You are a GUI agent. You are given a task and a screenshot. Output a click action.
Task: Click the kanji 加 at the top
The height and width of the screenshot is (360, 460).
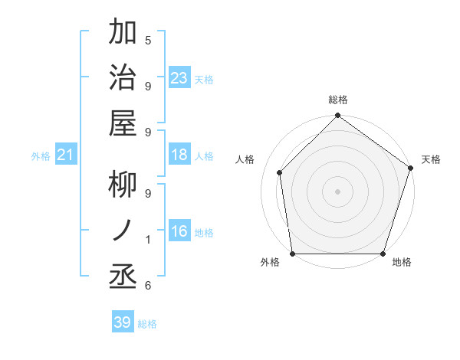point(123,33)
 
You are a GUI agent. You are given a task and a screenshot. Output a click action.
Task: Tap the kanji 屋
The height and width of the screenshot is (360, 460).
point(123,123)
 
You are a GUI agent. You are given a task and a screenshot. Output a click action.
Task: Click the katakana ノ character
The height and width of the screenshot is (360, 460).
point(123,230)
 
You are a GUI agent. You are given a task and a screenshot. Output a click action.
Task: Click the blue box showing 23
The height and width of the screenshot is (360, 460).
point(179,77)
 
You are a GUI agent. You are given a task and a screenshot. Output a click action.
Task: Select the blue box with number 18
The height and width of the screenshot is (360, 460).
point(179,155)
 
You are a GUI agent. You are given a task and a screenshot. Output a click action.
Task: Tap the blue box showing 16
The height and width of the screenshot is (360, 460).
point(179,231)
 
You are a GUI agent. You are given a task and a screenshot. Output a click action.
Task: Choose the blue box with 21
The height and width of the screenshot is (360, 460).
point(65,155)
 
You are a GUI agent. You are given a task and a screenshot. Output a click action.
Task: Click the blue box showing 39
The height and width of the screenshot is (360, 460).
point(123,322)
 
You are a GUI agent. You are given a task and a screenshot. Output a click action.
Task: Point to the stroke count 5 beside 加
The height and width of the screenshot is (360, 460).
point(148,41)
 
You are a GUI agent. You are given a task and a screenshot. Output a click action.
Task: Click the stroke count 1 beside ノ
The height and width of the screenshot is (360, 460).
point(148,240)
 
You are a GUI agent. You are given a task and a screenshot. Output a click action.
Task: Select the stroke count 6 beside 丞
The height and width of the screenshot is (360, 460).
point(148,286)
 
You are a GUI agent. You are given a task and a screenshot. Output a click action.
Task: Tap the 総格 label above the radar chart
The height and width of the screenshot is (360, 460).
point(338,100)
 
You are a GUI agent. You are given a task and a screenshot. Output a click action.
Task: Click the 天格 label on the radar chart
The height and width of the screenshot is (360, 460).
point(432,159)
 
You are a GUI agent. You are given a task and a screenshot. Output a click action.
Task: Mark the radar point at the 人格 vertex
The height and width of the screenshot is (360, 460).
point(280,172)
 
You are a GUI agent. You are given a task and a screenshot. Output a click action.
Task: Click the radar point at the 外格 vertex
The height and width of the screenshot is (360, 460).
point(293,254)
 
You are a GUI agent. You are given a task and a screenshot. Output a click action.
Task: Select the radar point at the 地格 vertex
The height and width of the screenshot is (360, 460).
point(383,254)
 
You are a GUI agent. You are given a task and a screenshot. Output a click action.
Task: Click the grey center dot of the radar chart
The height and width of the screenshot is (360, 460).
point(337,191)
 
